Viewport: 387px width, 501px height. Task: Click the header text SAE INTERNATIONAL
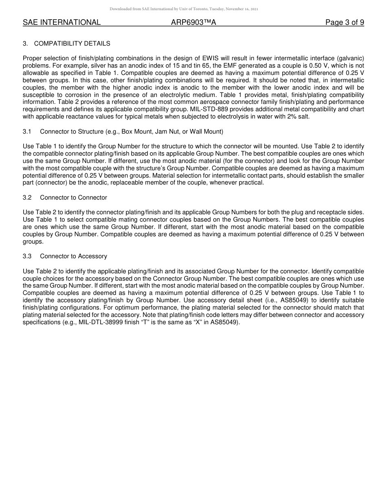(x=62, y=22)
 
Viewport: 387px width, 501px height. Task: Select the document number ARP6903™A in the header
(x=193, y=22)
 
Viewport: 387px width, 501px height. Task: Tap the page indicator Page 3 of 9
(x=344, y=22)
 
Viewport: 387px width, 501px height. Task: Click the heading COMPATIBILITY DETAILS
(x=72, y=44)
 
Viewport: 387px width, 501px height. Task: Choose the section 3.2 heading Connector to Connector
(x=73, y=198)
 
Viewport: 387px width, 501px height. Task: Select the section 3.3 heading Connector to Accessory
(x=73, y=256)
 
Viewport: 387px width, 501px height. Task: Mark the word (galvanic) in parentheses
(x=351, y=58)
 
